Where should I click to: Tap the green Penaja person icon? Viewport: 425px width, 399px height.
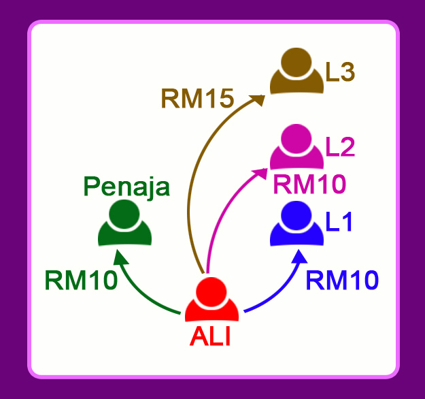tap(124, 225)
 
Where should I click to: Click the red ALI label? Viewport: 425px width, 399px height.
tap(210, 336)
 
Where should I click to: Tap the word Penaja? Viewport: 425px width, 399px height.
tap(126, 187)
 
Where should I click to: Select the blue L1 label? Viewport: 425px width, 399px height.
tap(339, 222)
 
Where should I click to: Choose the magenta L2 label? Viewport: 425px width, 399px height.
tap(340, 146)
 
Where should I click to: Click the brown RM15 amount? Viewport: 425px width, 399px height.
tap(197, 99)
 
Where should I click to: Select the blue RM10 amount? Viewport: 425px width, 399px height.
tap(342, 280)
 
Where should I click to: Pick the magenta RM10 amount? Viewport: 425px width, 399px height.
tap(309, 183)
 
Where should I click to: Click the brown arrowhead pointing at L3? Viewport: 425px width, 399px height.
tap(259, 98)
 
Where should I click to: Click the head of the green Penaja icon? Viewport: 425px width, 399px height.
tap(124, 212)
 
